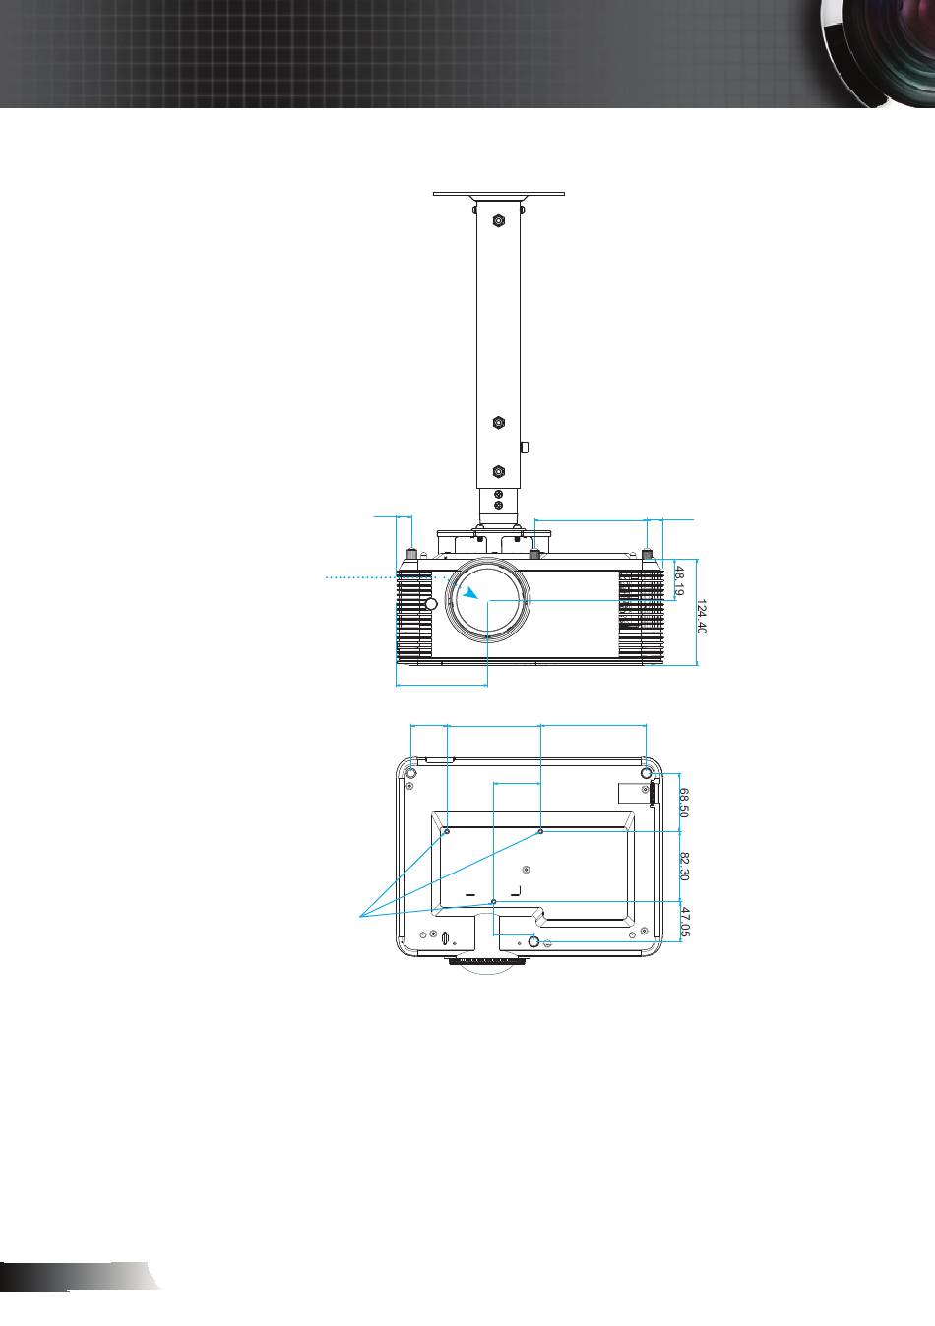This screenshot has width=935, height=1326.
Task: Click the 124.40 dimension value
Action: [701, 616]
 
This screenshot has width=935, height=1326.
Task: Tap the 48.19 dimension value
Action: [680, 580]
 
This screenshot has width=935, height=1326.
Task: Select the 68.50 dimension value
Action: [684, 802]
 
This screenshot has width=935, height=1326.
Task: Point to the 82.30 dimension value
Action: [684, 866]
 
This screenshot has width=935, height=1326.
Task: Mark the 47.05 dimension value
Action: [684, 922]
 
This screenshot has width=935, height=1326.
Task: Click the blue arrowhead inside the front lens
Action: [471, 593]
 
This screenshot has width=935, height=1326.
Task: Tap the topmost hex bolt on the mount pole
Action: [499, 221]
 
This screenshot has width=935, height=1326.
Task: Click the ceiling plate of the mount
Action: [499, 194]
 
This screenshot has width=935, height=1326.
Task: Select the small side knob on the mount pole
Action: [524, 448]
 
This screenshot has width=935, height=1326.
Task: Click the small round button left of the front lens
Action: [432, 604]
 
